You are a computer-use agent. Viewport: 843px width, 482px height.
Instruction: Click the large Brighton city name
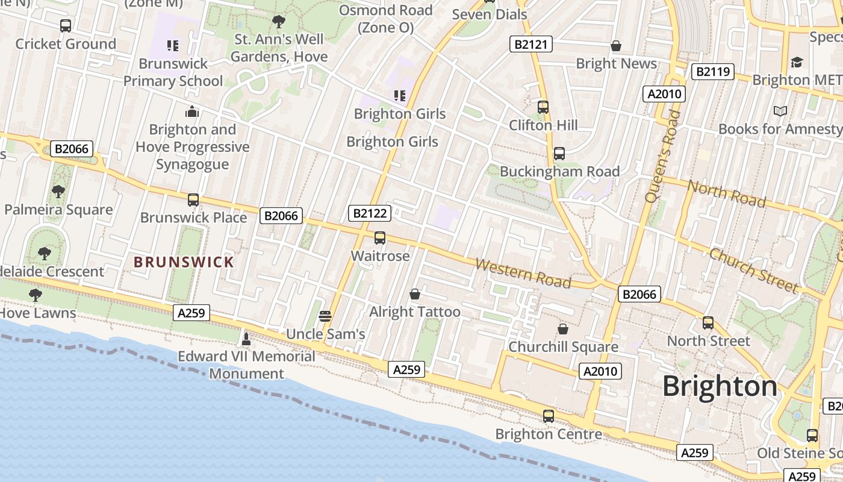720,386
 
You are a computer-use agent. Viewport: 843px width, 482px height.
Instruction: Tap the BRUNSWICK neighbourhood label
184,262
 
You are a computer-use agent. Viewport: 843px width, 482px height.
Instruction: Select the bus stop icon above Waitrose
380,238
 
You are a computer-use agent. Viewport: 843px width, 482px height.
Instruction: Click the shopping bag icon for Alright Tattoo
415,294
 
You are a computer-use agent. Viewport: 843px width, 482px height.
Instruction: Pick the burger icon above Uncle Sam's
325,316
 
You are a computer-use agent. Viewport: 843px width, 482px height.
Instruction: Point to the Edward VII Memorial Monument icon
246,339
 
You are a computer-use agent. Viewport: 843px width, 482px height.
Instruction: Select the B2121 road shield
530,44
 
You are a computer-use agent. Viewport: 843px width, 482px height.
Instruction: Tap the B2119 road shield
713,72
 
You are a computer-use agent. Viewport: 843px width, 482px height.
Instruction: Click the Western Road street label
523,272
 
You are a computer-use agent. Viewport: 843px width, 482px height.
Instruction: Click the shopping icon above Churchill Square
563,329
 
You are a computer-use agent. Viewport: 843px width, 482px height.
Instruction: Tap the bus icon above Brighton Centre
549,416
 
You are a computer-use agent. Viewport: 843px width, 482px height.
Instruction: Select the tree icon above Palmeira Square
58,192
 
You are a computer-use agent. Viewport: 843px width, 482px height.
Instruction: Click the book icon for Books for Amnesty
780,111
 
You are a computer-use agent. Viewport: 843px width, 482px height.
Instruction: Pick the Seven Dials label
490,14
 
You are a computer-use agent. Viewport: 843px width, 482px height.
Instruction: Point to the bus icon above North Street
708,323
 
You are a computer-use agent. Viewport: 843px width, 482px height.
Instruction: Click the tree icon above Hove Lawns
36,295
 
